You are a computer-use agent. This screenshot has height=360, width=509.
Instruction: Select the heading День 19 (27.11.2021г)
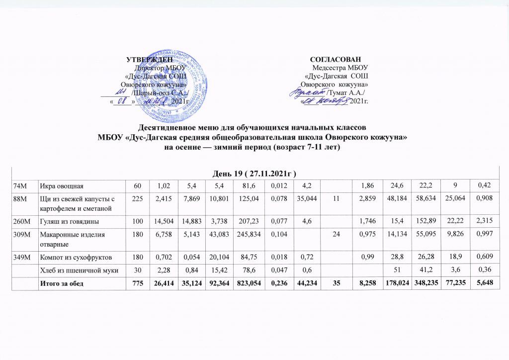pos(254,174)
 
